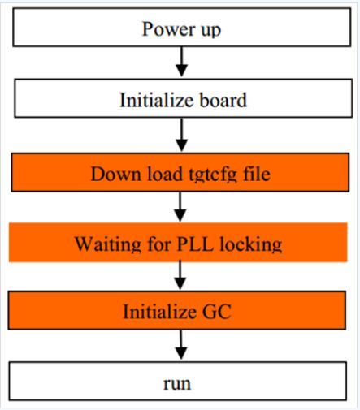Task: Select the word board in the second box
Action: click(x=223, y=100)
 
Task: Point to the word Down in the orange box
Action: click(x=116, y=174)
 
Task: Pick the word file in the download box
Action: click(x=257, y=174)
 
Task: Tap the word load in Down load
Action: click(x=165, y=174)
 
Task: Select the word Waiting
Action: click(x=108, y=244)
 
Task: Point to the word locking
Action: click(x=250, y=244)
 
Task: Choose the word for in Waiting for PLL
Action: click(x=159, y=244)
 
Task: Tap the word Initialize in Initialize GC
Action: click(x=159, y=311)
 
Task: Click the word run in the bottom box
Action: click(x=177, y=383)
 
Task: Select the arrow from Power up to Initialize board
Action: click(x=182, y=62)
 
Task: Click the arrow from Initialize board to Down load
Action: click(x=182, y=135)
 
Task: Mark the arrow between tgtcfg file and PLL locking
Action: click(x=180, y=206)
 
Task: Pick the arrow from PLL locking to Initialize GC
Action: click(x=180, y=275)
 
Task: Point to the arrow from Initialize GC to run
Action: click(x=181, y=345)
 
